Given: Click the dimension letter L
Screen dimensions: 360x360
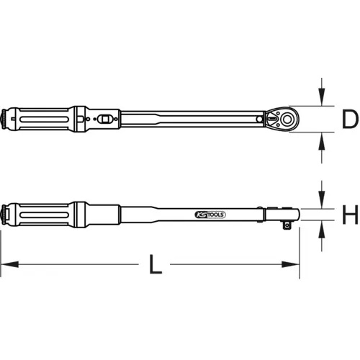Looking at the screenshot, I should [x=153, y=266].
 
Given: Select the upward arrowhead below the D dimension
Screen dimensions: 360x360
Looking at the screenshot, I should [x=319, y=139].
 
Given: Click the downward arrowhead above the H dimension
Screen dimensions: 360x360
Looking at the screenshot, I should [x=318, y=203].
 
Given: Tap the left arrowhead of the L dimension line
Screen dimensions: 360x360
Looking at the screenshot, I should [x=4, y=266].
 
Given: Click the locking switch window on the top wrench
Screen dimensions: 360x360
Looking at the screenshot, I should [x=106, y=117].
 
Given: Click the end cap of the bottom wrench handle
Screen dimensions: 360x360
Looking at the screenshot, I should [x=6, y=213].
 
